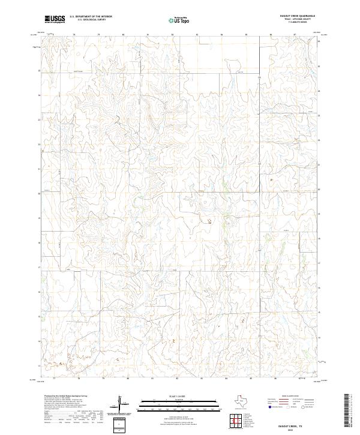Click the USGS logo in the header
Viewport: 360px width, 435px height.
pos(55,19)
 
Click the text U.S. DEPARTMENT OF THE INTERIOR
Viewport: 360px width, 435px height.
pos(91,17)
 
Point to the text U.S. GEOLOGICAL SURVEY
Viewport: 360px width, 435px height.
pos(91,20)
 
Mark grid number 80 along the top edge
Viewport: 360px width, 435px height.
pos(123,35)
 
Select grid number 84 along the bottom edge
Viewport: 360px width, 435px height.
pos(226,379)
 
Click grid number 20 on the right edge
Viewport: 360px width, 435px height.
pos(319,189)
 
